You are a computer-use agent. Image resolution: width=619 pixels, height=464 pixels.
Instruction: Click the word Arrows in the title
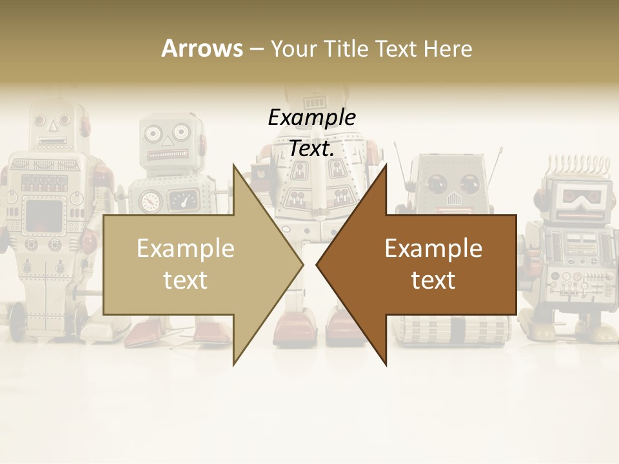coord(202,48)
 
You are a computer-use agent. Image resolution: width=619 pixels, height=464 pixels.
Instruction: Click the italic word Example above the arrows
coord(311,118)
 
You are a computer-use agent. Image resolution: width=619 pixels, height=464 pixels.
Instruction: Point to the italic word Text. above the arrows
coord(311,148)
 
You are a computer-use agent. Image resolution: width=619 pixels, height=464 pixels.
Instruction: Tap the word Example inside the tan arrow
coord(186,249)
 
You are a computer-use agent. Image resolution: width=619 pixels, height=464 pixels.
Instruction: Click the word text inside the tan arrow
coord(186,280)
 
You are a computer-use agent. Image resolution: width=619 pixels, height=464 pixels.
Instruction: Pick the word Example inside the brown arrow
coord(433,249)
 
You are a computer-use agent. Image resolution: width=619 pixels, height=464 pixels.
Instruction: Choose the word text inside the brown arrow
coord(433,280)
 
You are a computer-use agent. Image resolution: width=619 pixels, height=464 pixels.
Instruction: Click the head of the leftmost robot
coord(52,126)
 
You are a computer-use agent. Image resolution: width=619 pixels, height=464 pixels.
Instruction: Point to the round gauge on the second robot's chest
coord(150,201)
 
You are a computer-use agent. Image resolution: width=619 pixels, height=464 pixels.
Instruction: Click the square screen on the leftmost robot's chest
coord(44,216)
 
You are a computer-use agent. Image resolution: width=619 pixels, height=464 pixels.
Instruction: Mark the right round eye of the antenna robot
coord(469,183)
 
